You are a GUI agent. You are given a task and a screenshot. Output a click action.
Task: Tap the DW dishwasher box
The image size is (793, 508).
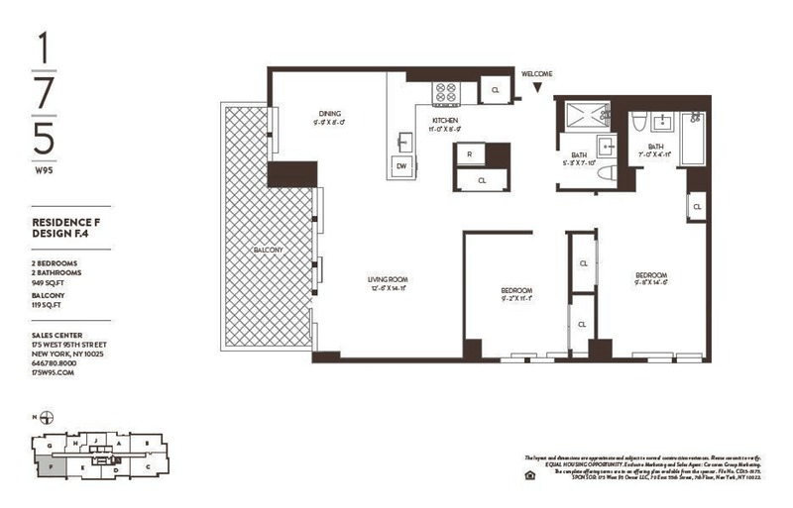click(x=401, y=165)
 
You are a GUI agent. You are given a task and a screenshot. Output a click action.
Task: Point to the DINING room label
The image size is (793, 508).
click(x=330, y=114)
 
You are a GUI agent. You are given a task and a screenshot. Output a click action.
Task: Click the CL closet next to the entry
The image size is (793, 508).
click(x=495, y=90)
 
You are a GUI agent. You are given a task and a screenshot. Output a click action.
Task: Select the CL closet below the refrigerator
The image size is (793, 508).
click(x=482, y=181)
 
